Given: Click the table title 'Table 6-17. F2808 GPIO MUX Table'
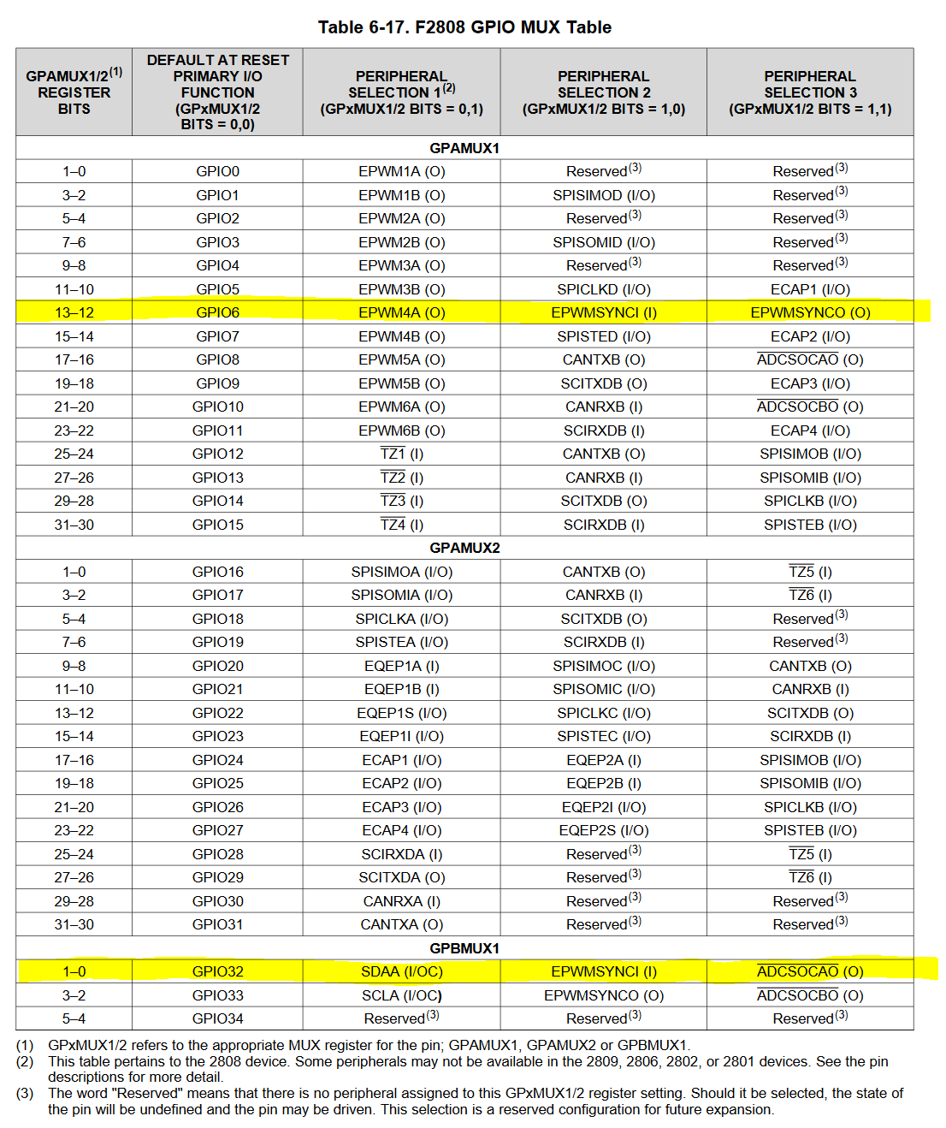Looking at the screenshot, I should (x=464, y=27).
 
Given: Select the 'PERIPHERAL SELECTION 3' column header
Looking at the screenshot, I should (x=809, y=92).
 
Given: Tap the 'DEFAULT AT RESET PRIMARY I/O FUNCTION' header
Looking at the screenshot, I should (x=217, y=92).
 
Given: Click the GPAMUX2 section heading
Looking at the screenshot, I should (x=464, y=548).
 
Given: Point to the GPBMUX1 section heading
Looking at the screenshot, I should (x=464, y=948).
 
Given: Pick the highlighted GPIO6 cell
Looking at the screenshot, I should (x=217, y=312).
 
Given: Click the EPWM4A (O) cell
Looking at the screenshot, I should (x=401, y=312).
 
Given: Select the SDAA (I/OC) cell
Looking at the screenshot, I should (x=401, y=971).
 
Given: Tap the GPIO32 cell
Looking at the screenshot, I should (x=217, y=971).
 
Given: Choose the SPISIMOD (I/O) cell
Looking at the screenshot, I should (x=603, y=195).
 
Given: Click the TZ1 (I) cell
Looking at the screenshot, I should (x=401, y=454).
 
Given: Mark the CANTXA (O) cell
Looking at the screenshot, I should (x=401, y=924).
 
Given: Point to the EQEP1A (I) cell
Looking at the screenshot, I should (x=401, y=666).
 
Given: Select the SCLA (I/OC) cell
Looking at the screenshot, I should (x=401, y=995).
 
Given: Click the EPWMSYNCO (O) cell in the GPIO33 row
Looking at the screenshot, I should (x=603, y=995).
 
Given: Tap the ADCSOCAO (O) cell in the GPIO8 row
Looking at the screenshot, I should (x=809, y=359).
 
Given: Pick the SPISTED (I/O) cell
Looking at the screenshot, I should (x=603, y=336).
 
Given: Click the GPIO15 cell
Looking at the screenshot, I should (x=217, y=525).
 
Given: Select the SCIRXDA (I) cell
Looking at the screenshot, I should (x=401, y=854).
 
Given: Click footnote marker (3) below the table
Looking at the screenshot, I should (x=25, y=1093).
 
